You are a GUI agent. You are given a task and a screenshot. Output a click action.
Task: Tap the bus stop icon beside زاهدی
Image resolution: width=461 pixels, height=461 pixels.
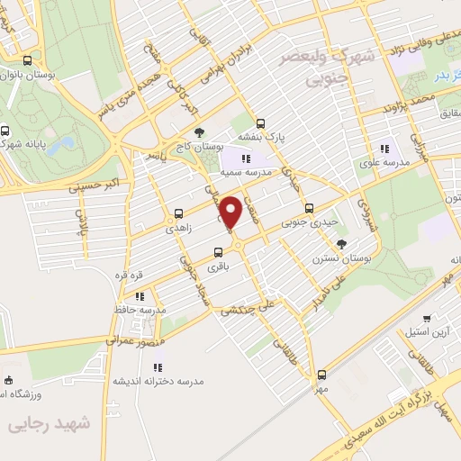point(178,214)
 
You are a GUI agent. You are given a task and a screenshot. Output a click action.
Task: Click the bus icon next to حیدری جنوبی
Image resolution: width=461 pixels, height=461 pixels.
point(309,207)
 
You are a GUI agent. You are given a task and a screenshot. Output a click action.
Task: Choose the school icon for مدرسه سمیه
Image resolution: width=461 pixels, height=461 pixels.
point(246,158)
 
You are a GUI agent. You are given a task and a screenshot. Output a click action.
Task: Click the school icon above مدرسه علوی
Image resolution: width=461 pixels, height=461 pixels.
point(385,149)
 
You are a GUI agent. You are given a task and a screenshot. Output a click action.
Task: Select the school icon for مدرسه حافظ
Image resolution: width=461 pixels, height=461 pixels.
point(140,295)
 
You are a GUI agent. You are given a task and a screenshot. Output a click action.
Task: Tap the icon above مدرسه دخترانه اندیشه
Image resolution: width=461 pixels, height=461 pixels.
point(158,366)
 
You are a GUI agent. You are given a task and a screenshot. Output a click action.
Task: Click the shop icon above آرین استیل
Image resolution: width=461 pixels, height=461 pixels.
point(427,318)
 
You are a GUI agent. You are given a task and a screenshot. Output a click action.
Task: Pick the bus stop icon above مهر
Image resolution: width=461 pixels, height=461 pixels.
point(321,374)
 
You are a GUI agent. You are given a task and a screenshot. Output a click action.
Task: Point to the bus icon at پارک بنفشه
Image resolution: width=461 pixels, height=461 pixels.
point(261,124)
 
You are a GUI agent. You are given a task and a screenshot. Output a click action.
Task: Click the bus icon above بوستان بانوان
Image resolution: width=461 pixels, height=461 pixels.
point(27,62)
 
